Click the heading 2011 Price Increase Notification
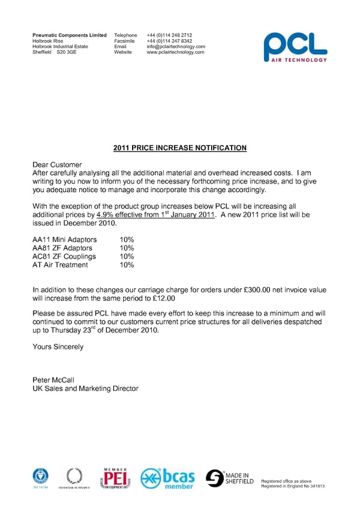(180, 148)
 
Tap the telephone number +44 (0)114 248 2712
(169, 35)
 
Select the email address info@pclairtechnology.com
(176, 46)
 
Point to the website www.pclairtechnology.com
(175, 52)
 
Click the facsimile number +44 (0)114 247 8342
(169, 41)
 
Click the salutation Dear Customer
(57, 164)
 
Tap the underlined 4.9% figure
(106, 214)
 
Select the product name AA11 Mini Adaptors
(64, 239)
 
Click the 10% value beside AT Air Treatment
(127, 265)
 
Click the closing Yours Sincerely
(58, 346)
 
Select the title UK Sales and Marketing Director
(85, 388)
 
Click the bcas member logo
(167, 478)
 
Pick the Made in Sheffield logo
(230, 478)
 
